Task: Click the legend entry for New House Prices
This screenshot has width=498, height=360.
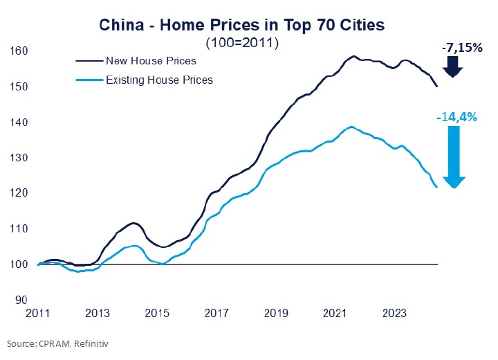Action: [x=151, y=61]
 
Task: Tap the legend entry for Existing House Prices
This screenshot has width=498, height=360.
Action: [x=159, y=80]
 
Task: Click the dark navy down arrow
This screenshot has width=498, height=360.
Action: [x=454, y=67]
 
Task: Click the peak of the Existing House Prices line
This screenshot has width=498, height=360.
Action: [x=352, y=127]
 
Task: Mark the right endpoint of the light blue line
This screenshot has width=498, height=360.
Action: [x=436, y=188]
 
